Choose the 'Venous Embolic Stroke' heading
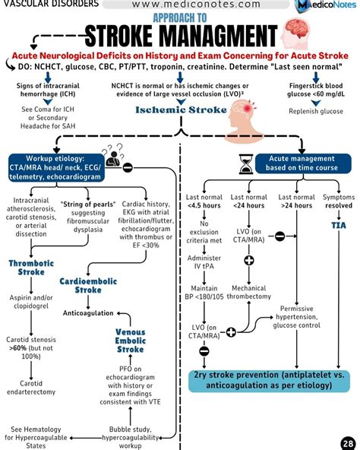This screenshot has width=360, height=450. [x=131, y=341]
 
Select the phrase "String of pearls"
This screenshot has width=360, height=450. [x=87, y=204]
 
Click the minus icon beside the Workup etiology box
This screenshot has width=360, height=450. [x=128, y=167]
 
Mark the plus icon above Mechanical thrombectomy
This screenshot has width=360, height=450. [x=248, y=261]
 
